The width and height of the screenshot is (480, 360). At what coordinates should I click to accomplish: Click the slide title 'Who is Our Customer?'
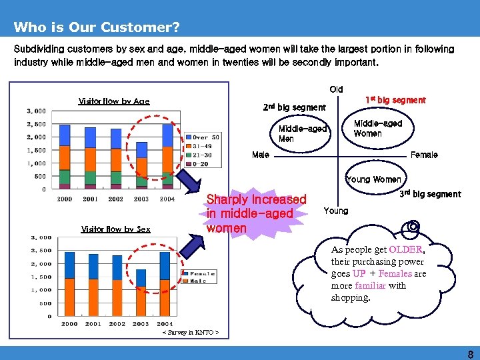(x=96, y=27)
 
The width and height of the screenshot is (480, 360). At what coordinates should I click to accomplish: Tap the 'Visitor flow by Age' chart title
(x=114, y=101)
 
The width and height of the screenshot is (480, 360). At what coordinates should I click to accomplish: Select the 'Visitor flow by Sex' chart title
(x=115, y=229)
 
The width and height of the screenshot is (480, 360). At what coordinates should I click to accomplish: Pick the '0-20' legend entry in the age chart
(x=201, y=163)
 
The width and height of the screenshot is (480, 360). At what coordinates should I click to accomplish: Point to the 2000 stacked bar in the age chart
(x=65, y=157)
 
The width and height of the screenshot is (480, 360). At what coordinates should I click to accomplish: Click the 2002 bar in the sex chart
(x=117, y=285)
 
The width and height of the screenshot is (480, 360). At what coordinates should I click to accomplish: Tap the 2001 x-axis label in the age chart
(x=90, y=199)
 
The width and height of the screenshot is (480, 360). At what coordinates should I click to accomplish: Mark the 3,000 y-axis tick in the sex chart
(x=41, y=237)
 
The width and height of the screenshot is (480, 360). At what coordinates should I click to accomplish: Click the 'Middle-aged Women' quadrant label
(x=377, y=129)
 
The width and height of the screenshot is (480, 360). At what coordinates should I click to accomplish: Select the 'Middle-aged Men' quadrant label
(x=302, y=134)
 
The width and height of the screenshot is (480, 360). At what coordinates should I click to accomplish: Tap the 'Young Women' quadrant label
(x=373, y=179)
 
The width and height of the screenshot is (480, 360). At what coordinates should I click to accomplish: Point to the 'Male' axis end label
(x=261, y=155)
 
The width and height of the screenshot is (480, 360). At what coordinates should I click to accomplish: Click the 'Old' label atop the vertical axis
(x=336, y=89)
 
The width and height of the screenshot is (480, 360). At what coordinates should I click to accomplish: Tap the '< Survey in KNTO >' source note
(x=191, y=332)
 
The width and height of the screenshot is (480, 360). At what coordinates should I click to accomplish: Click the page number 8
(x=470, y=354)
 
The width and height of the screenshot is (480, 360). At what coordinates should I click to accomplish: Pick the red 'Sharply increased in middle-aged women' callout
(x=256, y=213)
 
